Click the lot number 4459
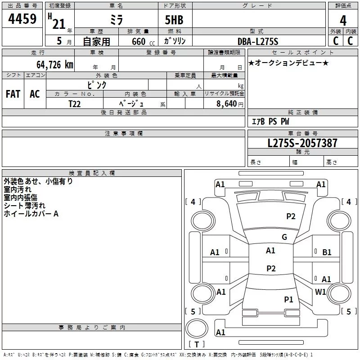pos(22,18)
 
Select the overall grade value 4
pos(343,20)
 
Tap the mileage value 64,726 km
pos(55,64)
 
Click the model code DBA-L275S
pos(258,41)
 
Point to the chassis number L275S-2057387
pos(302,143)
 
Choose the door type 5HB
pos(174,20)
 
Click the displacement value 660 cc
pos(143,42)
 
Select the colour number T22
pos(75,104)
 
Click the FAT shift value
pos(13,94)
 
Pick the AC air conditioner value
pos(35,94)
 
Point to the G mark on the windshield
pos(284,237)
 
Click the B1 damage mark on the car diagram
pos(327,252)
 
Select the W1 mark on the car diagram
pos(320,292)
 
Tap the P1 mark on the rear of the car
pos(288,299)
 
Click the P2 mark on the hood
pos(291,216)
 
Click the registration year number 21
pos(59,24)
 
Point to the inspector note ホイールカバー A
pos(31,214)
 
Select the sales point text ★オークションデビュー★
pos(288,63)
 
